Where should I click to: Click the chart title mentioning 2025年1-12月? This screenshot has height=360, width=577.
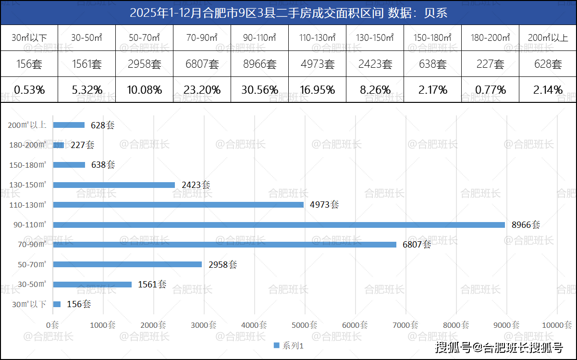coord(288,12)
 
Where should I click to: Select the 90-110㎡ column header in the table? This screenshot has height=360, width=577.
coord(259,37)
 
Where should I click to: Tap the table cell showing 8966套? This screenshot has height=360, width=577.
coord(259,64)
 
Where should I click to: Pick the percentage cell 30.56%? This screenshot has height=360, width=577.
coord(259,90)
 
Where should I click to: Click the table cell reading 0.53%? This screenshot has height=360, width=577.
coord(29,90)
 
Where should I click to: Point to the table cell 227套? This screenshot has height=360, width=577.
coord(490,64)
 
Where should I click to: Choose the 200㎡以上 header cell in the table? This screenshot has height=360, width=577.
coord(548,37)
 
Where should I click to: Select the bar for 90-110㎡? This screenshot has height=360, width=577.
coord(279,225)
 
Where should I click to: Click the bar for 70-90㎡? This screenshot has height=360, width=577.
coord(224,245)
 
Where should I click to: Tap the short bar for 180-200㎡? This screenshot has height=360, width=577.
coord(59,145)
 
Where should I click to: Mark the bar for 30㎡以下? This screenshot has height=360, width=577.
coord(57,304)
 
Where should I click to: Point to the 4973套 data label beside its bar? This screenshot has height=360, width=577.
coord(324,205)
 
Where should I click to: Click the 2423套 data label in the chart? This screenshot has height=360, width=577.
coord(196,185)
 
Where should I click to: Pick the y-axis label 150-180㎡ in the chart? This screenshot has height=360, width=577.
coord(28,165)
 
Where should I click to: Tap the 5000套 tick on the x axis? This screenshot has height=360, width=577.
coord(305,325)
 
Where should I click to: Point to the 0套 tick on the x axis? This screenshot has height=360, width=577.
coord(53,325)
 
